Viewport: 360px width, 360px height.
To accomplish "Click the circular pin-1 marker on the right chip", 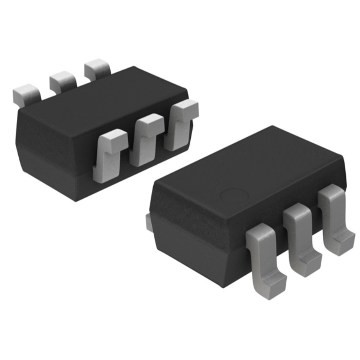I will coord(234,195).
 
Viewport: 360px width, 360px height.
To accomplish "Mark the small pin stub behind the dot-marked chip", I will coord(148,222).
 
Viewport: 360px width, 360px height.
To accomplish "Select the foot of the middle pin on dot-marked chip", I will coord(309,264).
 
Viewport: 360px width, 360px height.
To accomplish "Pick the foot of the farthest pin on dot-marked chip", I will coord(343,242).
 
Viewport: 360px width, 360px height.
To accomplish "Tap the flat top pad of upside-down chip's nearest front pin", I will coord(113,137).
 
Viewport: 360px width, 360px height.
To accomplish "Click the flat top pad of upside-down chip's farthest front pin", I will coord(186,108).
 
